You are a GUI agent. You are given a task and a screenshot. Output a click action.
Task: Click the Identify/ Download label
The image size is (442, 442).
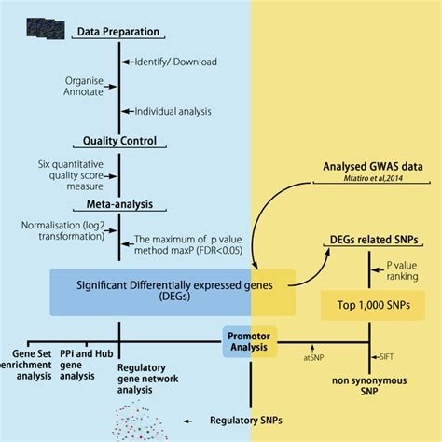point(175,62)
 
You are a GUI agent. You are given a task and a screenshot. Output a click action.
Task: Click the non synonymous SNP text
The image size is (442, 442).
point(359,388)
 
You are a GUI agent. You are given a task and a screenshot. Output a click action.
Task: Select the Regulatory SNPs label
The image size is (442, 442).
point(245,420)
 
